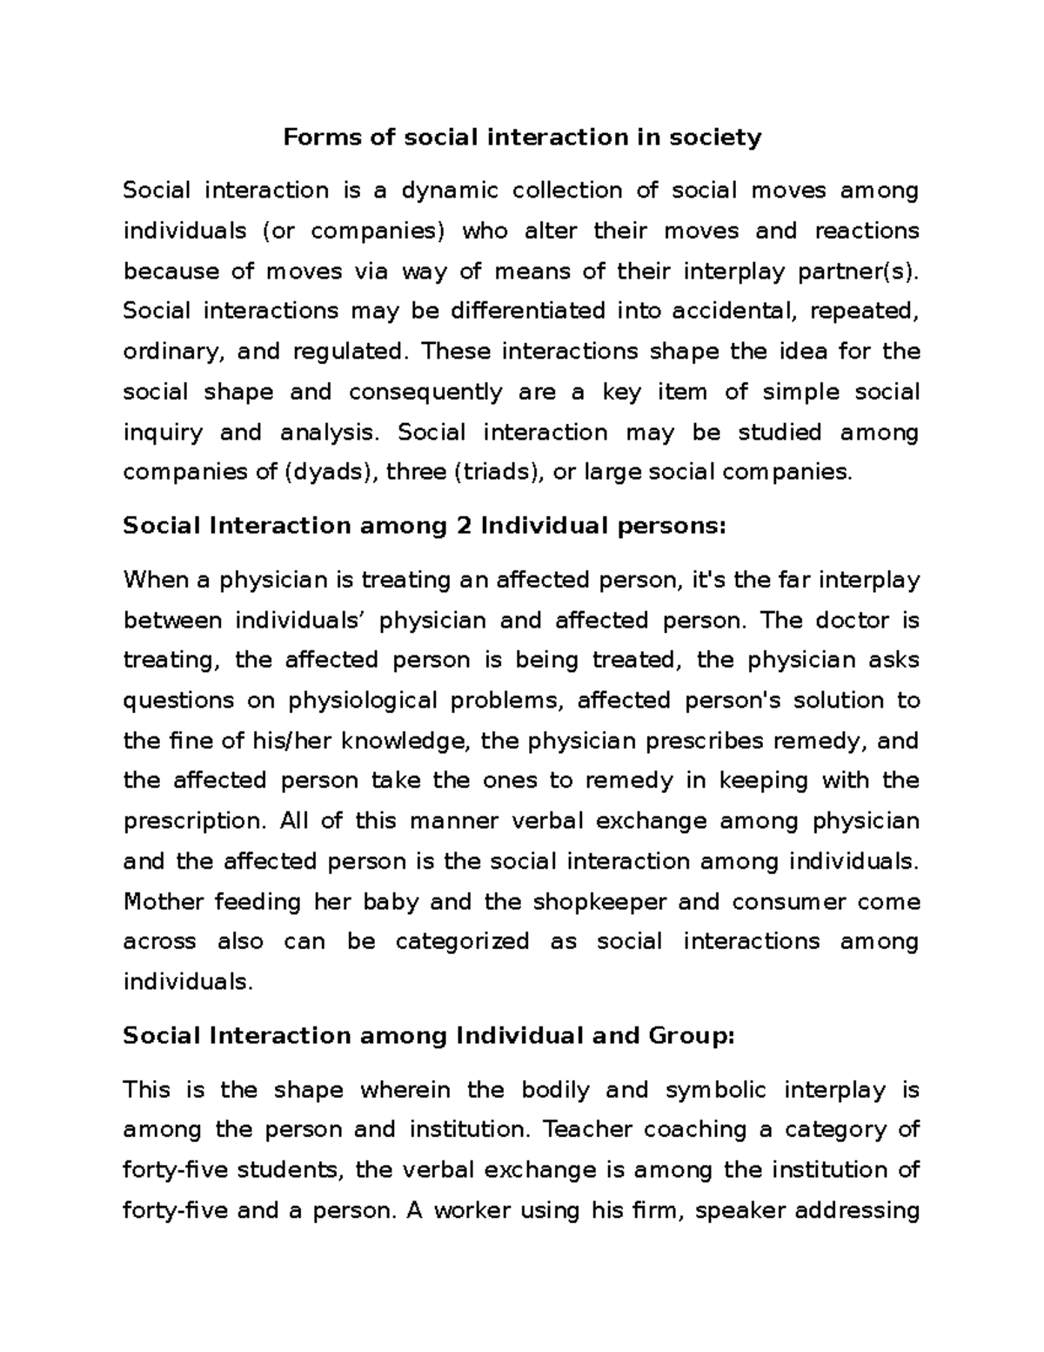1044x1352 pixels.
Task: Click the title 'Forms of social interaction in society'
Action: point(522,138)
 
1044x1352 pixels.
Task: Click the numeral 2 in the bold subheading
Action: point(464,526)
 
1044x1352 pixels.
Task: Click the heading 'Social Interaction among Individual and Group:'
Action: point(429,1036)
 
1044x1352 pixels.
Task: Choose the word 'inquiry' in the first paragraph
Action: point(162,433)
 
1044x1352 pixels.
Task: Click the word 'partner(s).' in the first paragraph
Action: point(859,271)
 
